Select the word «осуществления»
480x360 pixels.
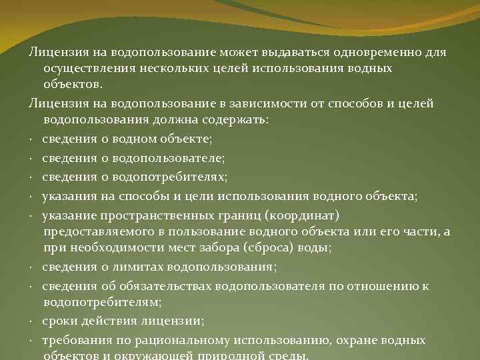coord(85,69)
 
